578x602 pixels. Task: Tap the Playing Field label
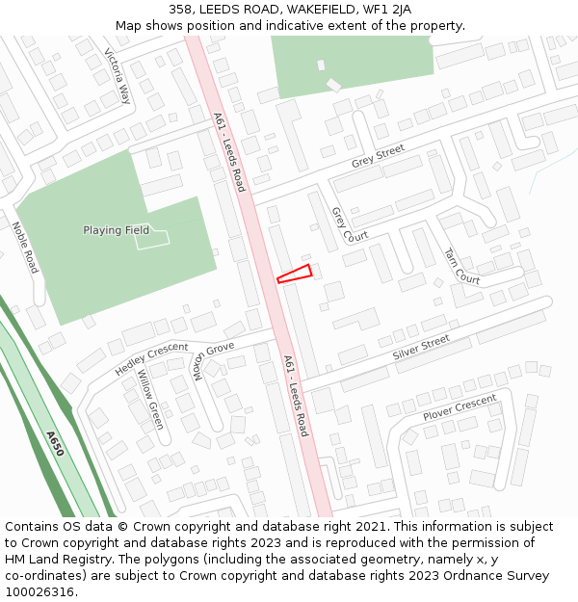pyautogui.click(x=116, y=230)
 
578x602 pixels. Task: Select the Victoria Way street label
pyautogui.click(x=118, y=76)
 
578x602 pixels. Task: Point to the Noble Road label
pyautogui.click(x=24, y=248)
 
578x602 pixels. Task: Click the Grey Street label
pyautogui.click(x=378, y=156)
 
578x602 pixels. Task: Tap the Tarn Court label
pyautogui.click(x=461, y=265)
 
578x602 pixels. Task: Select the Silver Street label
pyautogui.click(x=421, y=349)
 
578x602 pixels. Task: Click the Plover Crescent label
pyautogui.click(x=460, y=407)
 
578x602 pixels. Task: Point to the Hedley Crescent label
pyautogui.click(x=151, y=359)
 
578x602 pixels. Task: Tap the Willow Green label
pyautogui.click(x=150, y=400)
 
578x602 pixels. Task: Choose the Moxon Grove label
pyautogui.click(x=214, y=360)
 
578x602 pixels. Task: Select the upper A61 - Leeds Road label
pyautogui.click(x=229, y=151)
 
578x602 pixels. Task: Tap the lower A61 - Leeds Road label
pyautogui.click(x=296, y=395)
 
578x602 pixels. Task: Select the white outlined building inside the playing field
pyautogui.click(x=152, y=238)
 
